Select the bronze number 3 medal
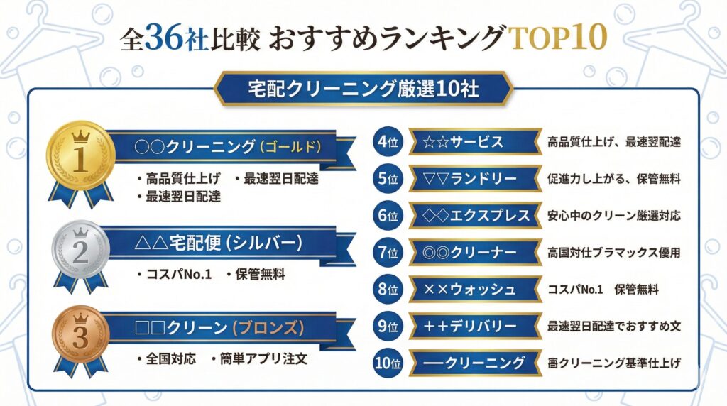(80, 338)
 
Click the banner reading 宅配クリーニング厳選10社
(363, 89)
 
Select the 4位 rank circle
(388, 142)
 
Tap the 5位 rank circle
(388, 179)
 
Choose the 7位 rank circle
(388, 253)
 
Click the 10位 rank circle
(388, 363)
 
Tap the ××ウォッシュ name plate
(476, 290)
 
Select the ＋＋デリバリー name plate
(476, 327)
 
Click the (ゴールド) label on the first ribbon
(292, 147)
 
